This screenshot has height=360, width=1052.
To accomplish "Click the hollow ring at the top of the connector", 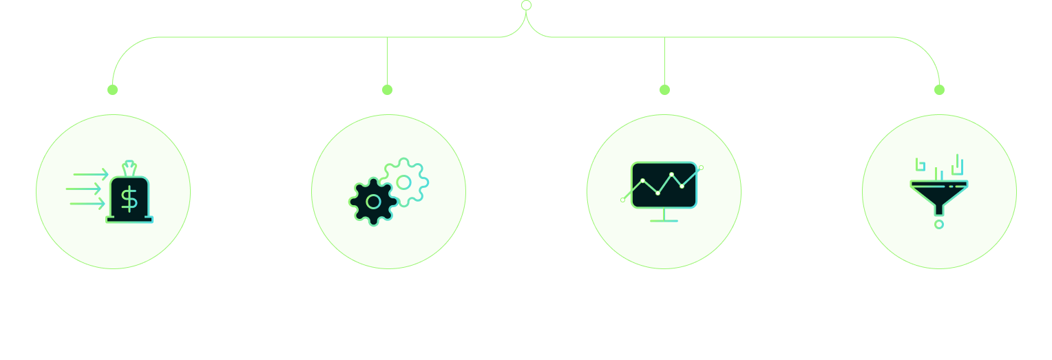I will (527, 6).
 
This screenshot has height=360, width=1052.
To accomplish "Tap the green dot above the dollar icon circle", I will (113, 89).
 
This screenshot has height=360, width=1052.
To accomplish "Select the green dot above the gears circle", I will (387, 89).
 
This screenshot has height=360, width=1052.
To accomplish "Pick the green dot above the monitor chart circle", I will (664, 89).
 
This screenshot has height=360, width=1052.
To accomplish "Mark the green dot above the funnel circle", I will (940, 89).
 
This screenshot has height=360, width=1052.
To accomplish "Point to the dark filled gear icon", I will (374, 202).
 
